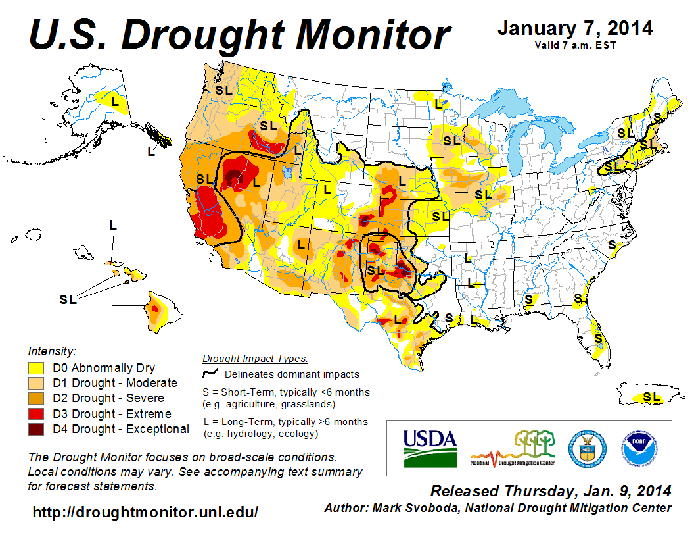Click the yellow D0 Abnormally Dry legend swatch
[x=35, y=368]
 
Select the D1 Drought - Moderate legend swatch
[x=35, y=383]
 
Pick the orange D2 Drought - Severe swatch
[x=35, y=398]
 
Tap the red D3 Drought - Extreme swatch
[x=35, y=414]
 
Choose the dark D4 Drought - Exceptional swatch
[x=35, y=429]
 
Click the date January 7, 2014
[x=574, y=28]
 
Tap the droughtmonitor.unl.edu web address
[x=145, y=511]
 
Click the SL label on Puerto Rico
[x=651, y=396]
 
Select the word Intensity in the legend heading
[x=52, y=351]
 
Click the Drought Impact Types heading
[x=255, y=359]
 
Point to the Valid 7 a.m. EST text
[x=574, y=45]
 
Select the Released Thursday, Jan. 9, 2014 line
[x=550, y=491]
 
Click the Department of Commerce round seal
[x=587, y=448]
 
